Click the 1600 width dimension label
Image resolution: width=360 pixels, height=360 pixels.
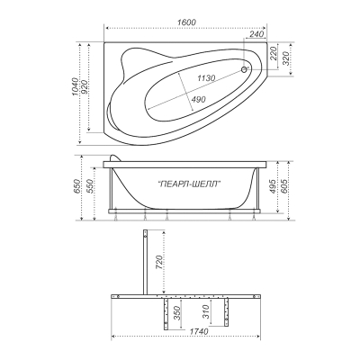186,22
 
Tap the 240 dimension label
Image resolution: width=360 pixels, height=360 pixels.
256,34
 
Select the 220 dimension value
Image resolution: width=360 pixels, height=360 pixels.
274,53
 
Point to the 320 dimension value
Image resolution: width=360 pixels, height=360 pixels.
285,58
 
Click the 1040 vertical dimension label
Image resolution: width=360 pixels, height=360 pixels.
75,87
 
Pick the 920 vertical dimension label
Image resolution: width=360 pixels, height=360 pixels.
84,87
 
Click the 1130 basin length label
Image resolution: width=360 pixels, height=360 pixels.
206,78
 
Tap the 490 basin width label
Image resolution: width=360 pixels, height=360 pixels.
198,99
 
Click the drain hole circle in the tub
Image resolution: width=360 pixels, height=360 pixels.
245,69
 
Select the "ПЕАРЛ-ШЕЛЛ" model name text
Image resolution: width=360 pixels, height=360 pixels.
188,184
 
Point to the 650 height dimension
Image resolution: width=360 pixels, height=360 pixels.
76,186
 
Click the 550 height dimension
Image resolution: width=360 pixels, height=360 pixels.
89,186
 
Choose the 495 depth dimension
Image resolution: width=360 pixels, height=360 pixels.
273,186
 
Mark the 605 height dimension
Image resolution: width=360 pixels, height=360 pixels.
283,186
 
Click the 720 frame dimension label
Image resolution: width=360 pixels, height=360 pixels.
159,262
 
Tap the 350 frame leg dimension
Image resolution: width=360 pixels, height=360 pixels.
177,313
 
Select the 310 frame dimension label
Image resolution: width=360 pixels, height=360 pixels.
206,312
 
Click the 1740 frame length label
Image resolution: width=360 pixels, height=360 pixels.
198,332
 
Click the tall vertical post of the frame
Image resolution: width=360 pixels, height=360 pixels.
145,262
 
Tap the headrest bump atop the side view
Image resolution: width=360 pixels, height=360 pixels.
115,157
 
